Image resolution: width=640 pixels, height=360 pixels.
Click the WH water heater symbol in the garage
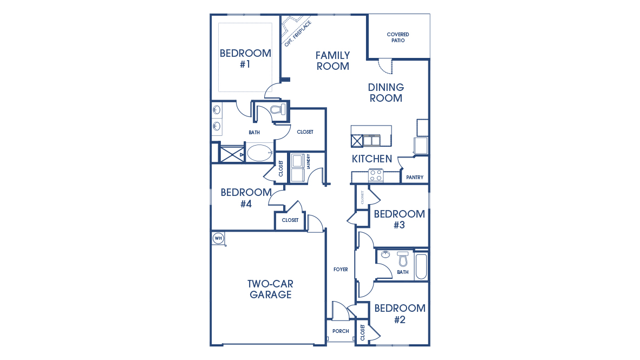[x=218, y=238]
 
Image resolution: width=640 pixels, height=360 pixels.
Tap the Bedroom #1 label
[x=245, y=58]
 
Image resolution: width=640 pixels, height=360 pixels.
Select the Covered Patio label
[x=398, y=37]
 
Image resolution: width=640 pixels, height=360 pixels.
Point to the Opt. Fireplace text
[x=298, y=34]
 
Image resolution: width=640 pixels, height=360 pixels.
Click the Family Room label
[x=333, y=61]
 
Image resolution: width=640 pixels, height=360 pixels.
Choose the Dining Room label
[x=386, y=93]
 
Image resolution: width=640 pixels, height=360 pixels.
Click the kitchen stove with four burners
[x=376, y=175]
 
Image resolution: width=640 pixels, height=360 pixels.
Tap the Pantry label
[x=415, y=178]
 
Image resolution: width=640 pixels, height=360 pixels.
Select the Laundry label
[x=308, y=162]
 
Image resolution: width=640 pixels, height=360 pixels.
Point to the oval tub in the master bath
[x=260, y=153]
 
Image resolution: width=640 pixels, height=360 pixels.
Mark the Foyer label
[x=341, y=270]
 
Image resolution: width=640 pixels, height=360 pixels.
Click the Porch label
[x=341, y=331]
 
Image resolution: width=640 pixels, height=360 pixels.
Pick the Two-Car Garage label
[x=270, y=289]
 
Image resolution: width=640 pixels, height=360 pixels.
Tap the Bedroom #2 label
[x=400, y=313]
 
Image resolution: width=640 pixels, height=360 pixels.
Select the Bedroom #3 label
[x=400, y=219]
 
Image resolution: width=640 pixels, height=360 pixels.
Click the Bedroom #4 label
[x=246, y=198]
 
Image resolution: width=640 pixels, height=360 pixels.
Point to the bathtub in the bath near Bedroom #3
[x=421, y=265]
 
